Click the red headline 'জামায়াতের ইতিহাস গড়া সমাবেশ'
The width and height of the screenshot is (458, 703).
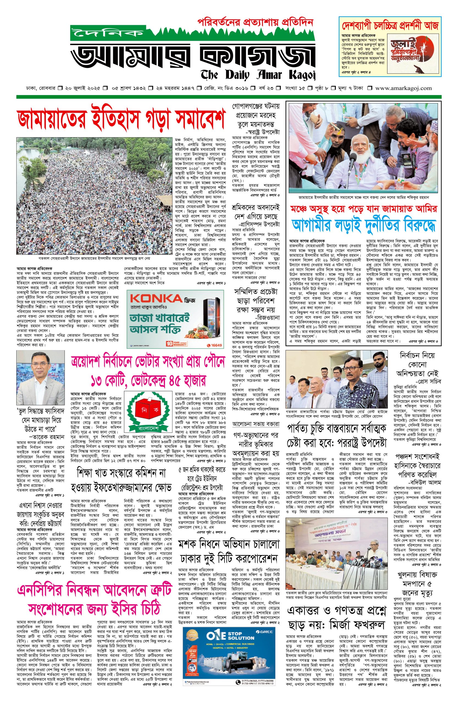tap(121, 120)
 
